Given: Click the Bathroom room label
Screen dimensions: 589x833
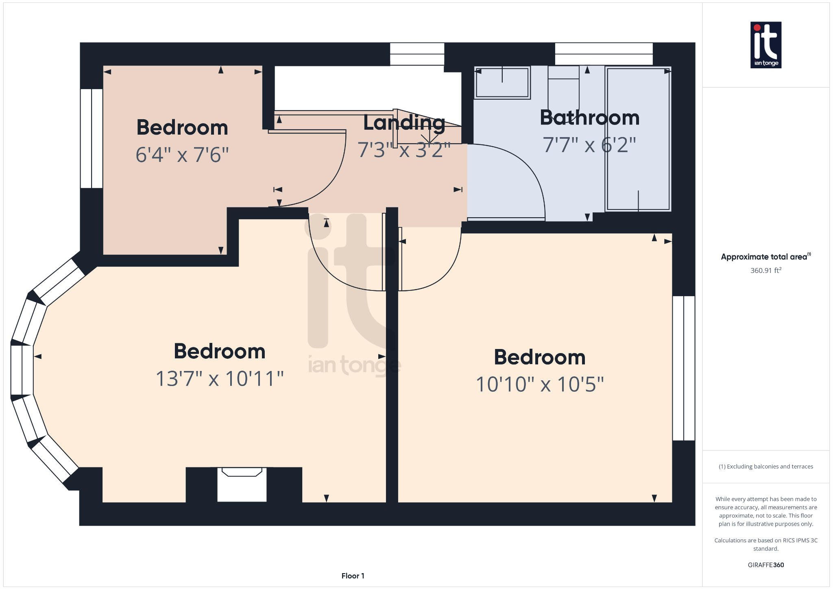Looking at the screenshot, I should pos(589,118).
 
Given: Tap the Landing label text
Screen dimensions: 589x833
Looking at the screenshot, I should pos(404,123).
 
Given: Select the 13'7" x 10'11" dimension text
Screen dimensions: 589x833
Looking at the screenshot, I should pos(220,379).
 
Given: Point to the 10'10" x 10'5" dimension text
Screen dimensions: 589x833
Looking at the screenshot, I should pos(540,384).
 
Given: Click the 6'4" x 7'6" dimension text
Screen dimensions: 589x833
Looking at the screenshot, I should pos(182,155).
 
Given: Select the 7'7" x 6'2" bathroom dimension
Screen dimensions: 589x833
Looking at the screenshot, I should pos(589,145).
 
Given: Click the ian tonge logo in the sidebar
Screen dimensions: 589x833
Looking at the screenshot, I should pos(765,45).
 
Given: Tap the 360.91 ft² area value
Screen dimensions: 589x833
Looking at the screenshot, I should pos(765,271).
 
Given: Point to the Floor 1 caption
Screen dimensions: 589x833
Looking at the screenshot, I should pos(353,576).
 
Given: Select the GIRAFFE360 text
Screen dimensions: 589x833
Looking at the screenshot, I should pos(765,565).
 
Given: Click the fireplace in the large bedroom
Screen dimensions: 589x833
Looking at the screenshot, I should pos(242,484).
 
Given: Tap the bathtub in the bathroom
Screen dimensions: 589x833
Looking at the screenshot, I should pos(638,139).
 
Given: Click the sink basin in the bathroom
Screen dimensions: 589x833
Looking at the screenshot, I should pos(502,83).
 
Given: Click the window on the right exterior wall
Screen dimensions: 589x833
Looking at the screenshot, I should pos(683,368).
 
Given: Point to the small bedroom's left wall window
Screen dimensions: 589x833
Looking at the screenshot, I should pos(92,138).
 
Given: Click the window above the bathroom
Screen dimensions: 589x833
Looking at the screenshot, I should pos(604,54).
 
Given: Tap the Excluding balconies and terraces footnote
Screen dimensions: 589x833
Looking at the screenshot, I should pos(765,467).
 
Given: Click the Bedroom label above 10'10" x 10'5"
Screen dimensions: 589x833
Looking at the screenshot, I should pos(540,358).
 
